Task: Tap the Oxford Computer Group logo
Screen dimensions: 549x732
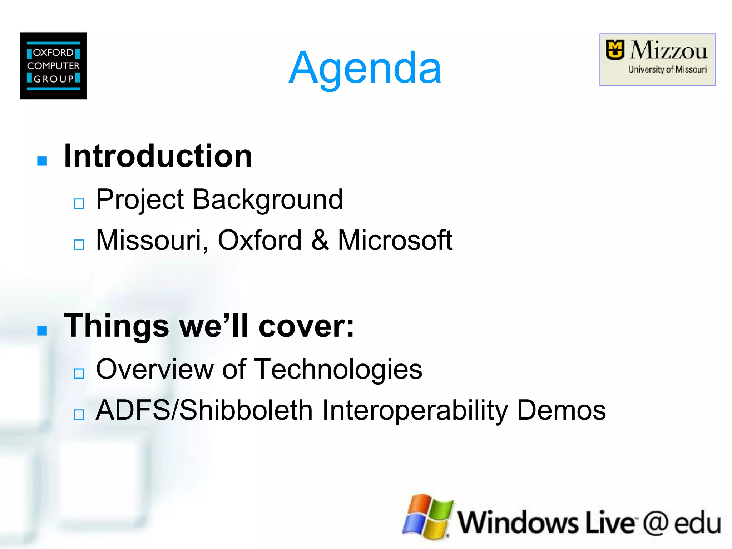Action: point(53,66)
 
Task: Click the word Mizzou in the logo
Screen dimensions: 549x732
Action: point(668,51)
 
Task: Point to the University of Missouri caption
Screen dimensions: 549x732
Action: point(667,69)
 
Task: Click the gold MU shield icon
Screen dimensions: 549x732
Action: point(615,50)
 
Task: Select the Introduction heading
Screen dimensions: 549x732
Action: point(158,156)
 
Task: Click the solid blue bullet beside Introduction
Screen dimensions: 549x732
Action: point(42,161)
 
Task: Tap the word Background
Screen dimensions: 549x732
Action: point(267,199)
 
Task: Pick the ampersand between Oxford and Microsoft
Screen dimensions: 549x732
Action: point(320,240)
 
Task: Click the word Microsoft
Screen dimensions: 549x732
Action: point(395,240)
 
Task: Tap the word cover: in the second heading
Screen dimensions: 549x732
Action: point(306,326)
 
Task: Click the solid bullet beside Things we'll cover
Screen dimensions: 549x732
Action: point(42,331)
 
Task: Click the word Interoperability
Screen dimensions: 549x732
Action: point(415,410)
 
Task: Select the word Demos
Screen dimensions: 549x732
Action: point(561,410)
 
